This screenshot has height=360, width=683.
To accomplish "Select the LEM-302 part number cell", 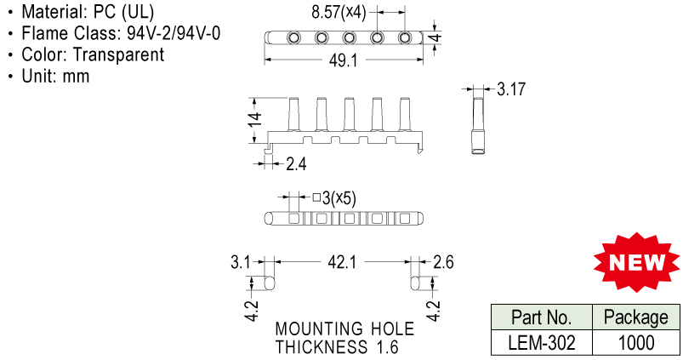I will [540, 343].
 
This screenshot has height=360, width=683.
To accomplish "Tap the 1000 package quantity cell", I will [635, 343].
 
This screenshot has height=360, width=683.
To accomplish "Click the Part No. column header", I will [540, 318].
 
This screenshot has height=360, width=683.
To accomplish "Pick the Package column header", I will [635, 318].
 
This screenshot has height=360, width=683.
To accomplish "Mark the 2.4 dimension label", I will [296, 164].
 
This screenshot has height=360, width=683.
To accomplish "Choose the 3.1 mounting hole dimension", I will [240, 263].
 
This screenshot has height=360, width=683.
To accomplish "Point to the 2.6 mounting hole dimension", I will [443, 263].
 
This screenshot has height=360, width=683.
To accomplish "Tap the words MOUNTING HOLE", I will [344, 329].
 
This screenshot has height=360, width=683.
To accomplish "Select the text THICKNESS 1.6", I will [336, 347].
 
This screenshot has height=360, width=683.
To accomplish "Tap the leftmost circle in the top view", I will [293, 38].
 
